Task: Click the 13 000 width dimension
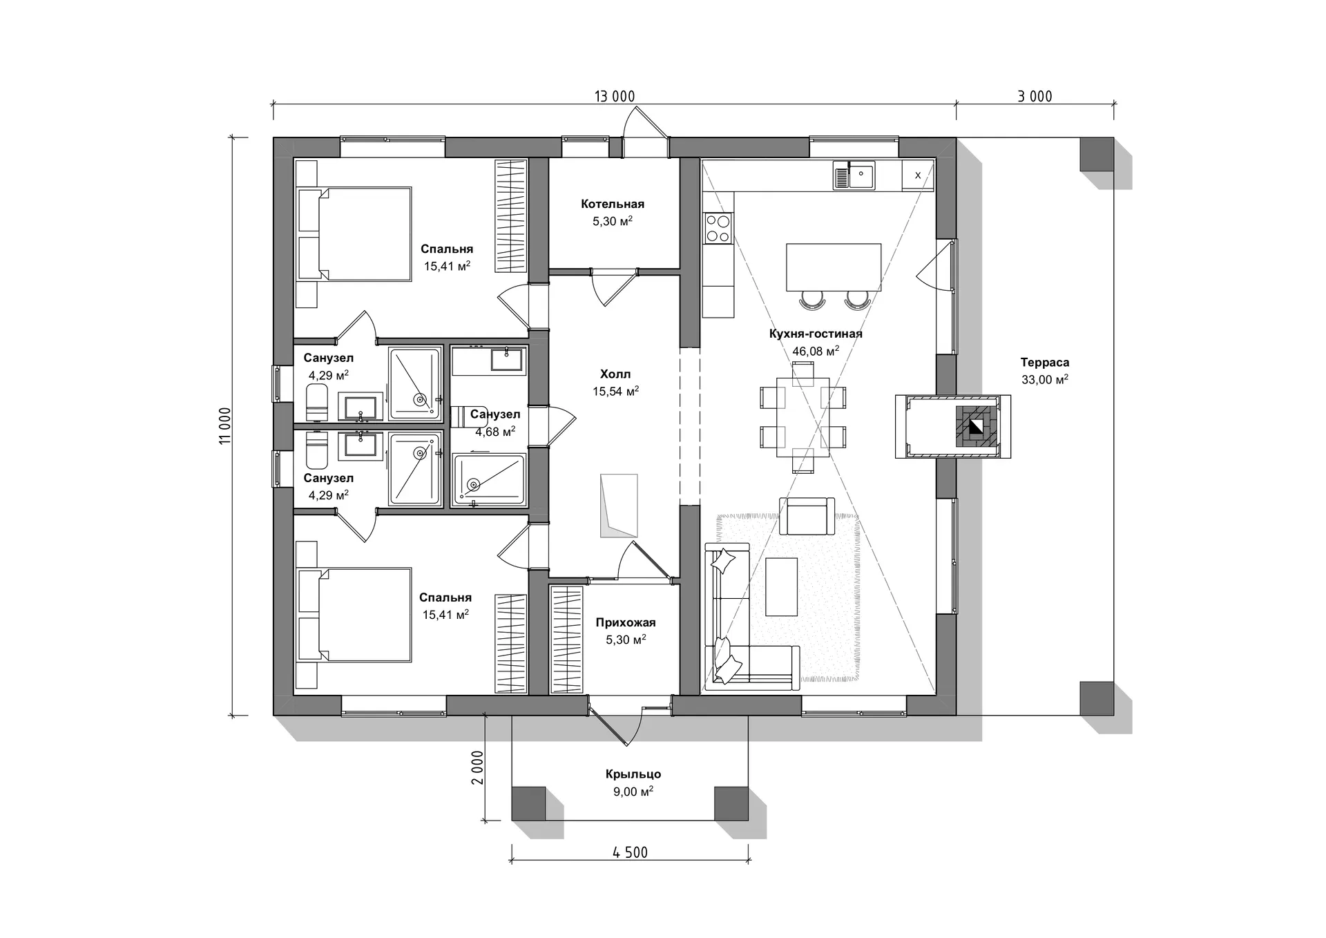point(614,97)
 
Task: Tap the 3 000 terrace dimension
point(1035,97)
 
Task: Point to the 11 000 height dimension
point(225,425)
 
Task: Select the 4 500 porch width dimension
point(630,852)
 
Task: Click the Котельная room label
point(613,204)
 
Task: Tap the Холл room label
point(615,374)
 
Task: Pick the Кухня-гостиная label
point(816,334)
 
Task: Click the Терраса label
point(1045,363)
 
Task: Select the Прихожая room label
point(626,622)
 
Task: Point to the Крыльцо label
point(633,774)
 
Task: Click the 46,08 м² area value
point(816,351)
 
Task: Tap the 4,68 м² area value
point(495,432)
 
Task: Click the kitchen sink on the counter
point(854,175)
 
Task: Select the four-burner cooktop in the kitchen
point(718,229)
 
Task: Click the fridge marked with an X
point(918,175)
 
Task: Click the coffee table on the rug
point(782,586)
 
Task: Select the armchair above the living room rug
point(803,516)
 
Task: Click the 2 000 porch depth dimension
point(477,767)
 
